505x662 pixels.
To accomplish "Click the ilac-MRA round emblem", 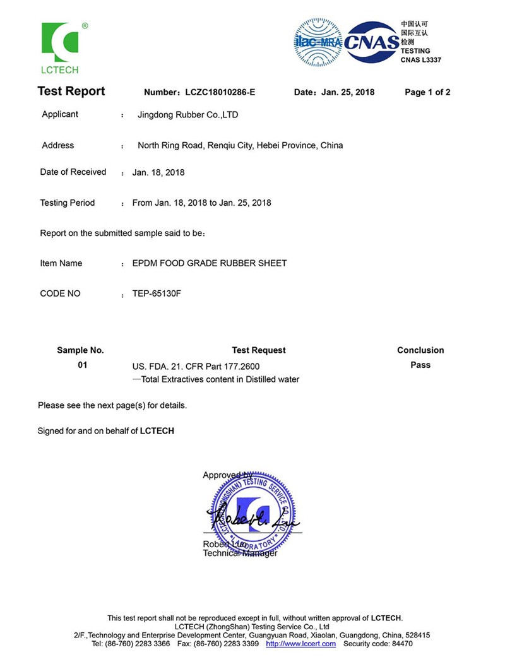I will tap(318, 42).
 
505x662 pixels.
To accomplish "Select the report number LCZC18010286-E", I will tap(220, 92).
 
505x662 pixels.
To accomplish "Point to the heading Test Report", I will tap(71, 92).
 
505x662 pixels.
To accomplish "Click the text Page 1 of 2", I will tap(427, 92).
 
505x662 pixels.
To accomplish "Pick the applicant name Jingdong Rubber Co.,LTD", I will tap(188, 115).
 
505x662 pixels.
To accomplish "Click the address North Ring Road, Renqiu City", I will tap(240, 145).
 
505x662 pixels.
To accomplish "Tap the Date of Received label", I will tap(73, 172).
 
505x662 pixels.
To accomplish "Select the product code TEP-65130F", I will tap(157, 293).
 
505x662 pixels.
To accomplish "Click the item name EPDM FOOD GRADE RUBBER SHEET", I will tap(210, 263).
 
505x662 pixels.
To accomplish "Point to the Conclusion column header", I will tap(420, 350).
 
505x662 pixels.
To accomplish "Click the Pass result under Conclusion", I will tap(420, 365).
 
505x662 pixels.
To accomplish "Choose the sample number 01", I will tap(82, 365).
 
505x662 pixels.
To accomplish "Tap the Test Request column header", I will tap(259, 350).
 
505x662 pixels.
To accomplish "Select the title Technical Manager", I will tap(240, 553).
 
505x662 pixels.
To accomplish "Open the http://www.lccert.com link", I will tap(300, 644).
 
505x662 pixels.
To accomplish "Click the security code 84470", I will tap(401, 644).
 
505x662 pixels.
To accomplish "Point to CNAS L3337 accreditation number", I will tap(421, 60).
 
